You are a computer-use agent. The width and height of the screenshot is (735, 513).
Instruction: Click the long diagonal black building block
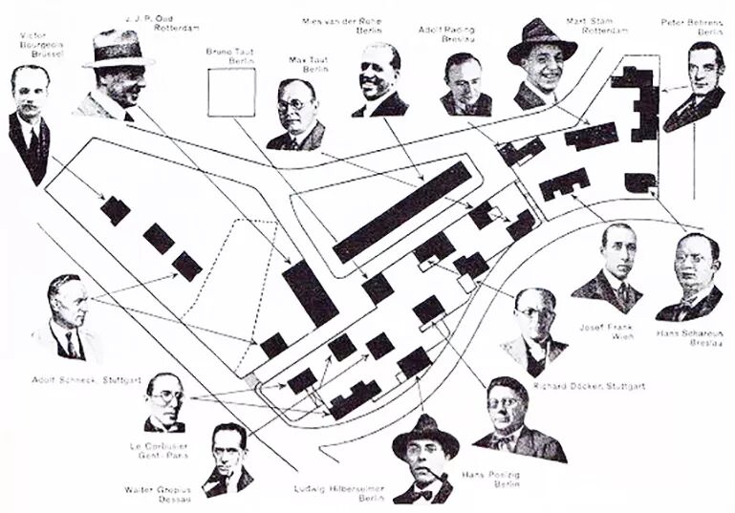tap(402, 211)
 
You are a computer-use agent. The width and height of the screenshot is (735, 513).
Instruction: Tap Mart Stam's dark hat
tap(541, 39)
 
